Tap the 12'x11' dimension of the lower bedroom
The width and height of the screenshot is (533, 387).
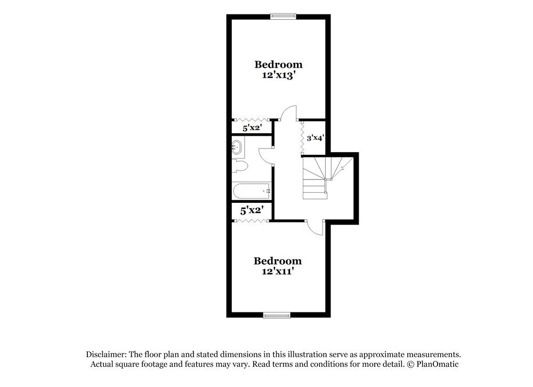(277, 271)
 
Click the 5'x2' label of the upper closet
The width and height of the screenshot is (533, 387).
(253, 128)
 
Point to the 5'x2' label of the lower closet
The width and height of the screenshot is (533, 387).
(252, 211)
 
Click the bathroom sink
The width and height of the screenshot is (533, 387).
(238, 148)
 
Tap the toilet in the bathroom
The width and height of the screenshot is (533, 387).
(240, 166)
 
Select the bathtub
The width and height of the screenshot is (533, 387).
(252, 191)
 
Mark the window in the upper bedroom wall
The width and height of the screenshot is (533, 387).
(283, 15)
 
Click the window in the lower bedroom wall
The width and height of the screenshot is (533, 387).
(277, 316)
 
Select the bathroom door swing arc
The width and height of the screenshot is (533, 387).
(265, 155)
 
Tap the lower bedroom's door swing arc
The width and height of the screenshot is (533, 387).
(316, 227)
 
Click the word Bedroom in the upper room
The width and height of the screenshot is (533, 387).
(278, 64)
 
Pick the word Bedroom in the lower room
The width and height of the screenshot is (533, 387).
(277, 261)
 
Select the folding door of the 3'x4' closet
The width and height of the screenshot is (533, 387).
(302, 137)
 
